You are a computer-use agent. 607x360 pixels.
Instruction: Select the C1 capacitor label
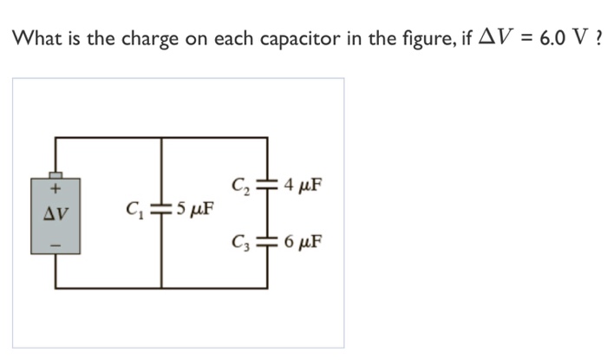[x=134, y=209]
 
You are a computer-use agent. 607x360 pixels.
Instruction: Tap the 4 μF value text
[x=302, y=185]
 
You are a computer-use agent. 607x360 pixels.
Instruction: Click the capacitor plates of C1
[x=161, y=209]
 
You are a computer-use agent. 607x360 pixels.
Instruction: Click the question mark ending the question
[x=599, y=40]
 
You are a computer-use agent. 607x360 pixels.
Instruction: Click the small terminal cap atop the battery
[x=56, y=174]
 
